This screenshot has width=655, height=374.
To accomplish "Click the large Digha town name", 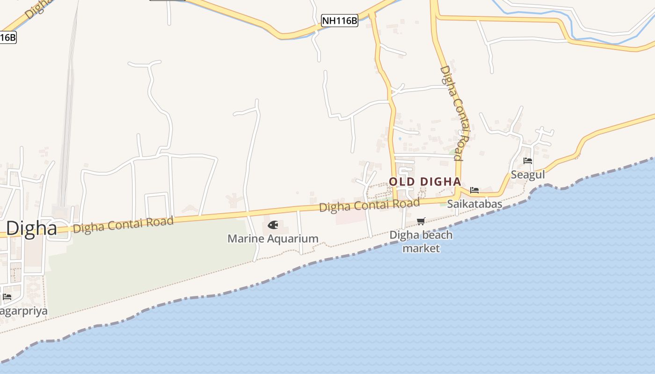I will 31,228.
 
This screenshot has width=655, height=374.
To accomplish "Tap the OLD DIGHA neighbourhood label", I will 425,181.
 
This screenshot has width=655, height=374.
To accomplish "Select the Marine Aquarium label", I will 273,239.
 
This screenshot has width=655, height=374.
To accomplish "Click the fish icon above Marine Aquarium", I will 273,225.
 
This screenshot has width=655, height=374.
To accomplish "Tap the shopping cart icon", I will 421,221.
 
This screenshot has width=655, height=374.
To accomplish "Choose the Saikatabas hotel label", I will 474,204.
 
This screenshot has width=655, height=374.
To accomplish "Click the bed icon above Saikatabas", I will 474,190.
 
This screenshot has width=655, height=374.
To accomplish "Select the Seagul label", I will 528,174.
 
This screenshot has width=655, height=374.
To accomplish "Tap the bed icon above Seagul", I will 528,161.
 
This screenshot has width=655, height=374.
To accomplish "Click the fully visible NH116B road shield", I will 340,21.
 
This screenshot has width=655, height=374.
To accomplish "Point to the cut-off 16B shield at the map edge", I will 7,37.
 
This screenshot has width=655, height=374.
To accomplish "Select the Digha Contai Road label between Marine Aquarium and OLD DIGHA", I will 369,205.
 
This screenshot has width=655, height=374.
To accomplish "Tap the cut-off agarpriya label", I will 23,311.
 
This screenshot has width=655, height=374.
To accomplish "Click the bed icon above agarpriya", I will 7,297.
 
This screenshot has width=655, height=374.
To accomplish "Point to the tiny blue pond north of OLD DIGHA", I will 400,138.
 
